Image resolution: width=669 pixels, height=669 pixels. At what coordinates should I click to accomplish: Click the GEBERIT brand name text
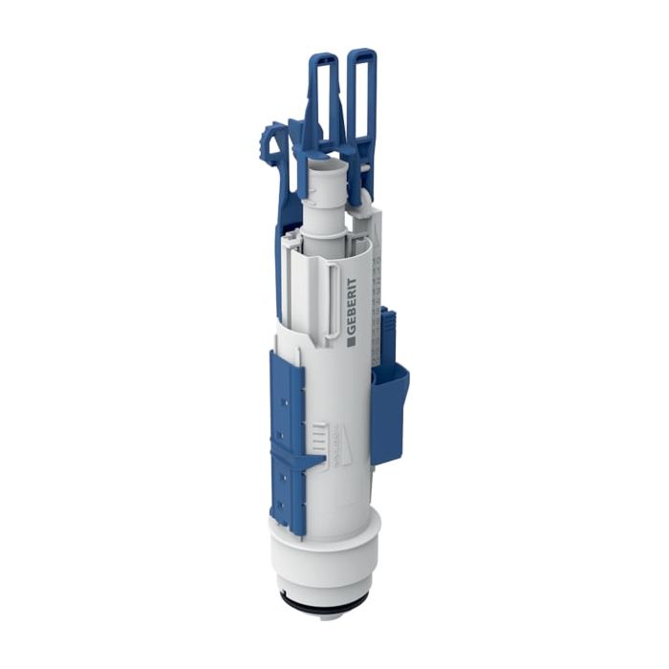[351, 305]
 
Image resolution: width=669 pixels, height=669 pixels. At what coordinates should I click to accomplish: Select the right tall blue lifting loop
[361, 96]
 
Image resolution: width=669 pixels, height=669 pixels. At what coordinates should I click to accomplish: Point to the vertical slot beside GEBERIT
[331, 296]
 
